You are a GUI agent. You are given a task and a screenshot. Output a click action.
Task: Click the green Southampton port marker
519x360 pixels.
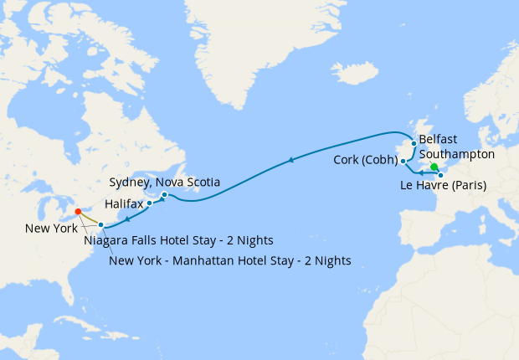pyautogui.click(x=434, y=166)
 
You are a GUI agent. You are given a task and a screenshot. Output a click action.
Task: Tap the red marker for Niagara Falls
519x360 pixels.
pyautogui.click(x=77, y=212)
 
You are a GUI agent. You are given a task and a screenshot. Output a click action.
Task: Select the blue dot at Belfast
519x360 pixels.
pyautogui.click(x=414, y=143)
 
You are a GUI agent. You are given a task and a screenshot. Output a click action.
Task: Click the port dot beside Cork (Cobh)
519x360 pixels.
pyautogui.click(x=403, y=161)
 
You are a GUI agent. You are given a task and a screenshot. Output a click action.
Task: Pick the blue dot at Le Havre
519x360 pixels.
pyautogui.click(x=440, y=174)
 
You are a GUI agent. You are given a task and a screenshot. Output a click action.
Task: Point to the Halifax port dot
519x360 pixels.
pyautogui.click(x=150, y=203)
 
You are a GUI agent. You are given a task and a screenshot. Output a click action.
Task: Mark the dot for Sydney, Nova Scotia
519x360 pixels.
pyautogui.click(x=164, y=195)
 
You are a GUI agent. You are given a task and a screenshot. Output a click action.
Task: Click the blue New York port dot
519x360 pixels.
pyautogui.click(x=100, y=224)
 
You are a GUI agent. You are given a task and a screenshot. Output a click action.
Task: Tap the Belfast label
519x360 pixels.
pyautogui.click(x=439, y=139)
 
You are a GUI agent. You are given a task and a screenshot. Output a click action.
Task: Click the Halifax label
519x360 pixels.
pyautogui.click(x=124, y=203)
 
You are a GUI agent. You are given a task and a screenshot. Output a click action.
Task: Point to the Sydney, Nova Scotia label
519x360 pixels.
pyautogui.click(x=165, y=182)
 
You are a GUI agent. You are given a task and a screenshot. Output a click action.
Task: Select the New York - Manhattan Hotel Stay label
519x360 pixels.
pyautogui.click(x=230, y=260)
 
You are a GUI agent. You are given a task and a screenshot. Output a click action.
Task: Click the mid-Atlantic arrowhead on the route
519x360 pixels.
pyautogui.click(x=290, y=159)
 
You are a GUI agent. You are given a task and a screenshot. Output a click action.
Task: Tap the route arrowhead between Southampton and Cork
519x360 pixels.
pyautogui.click(x=419, y=172)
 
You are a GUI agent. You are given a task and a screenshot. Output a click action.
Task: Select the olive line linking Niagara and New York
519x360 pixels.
pyautogui.click(x=89, y=218)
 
